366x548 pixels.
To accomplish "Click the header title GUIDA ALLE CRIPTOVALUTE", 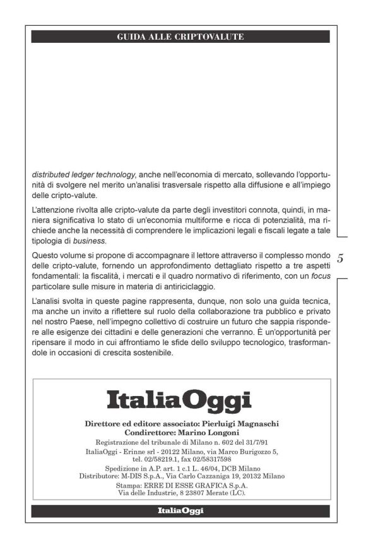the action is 180,37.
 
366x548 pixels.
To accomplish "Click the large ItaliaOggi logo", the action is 179,400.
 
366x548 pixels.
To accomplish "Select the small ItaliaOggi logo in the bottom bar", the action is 180,511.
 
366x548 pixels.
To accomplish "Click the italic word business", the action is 90,241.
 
